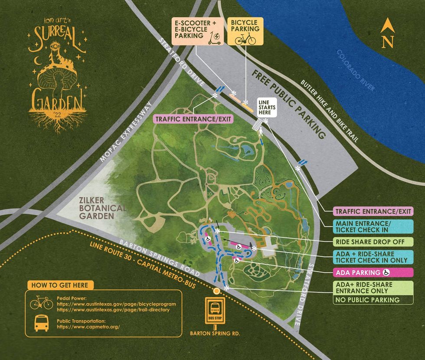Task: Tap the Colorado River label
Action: (x=356, y=71)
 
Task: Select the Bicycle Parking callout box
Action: (x=245, y=31)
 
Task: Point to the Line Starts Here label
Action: (x=267, y=106)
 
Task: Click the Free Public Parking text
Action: (x=288, y=104)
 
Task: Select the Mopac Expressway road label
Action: (x=126, y=132)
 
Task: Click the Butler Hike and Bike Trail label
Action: (x=330, y=111)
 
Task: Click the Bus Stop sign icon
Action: (x=214, y=309)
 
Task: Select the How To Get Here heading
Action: (x=59, y=285)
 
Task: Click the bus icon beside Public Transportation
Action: (x=42, y=323)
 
